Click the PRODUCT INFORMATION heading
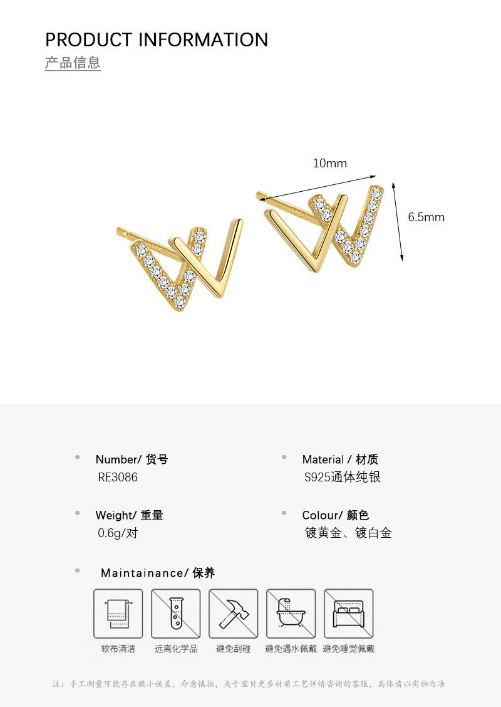click(x=157, y=39)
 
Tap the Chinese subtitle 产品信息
click(x=73, y=63)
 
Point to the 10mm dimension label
click(x=329, y=164)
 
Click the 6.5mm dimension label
click(x=426, y=217)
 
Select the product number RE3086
click(x=118, y=477)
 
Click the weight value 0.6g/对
click(x=118, y=533)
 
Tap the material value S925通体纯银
click(x=343, y=477)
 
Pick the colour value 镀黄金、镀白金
click(x=348, y=533)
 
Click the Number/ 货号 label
click(x=132, y=459)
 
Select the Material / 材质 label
click(x=340, y=459)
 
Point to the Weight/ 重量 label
click(x=129, y=515)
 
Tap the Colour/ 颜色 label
click(x=336, y=515)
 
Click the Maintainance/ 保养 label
click(x=158, y=573)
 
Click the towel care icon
click(x=118, y=614)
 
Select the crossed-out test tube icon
click(x=176, y=614)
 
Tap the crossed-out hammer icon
click(x=234, y=614)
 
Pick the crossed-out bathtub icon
click(x=291, y=614)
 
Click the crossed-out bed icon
click(x=348, y=614)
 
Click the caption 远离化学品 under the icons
click(x=176, y=649)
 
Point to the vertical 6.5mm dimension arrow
click(x=398, y=221)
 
